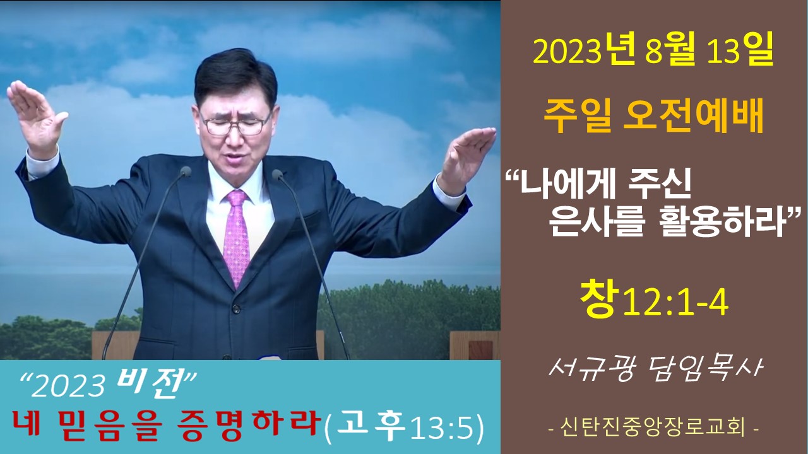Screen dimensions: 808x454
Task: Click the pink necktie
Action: click(236, 238)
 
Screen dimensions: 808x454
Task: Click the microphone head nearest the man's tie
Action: click(277, 175)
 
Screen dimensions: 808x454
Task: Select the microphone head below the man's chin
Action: click(186, 172)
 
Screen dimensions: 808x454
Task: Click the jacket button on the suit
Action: click(236, 308)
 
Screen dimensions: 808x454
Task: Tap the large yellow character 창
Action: click(598, 300)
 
